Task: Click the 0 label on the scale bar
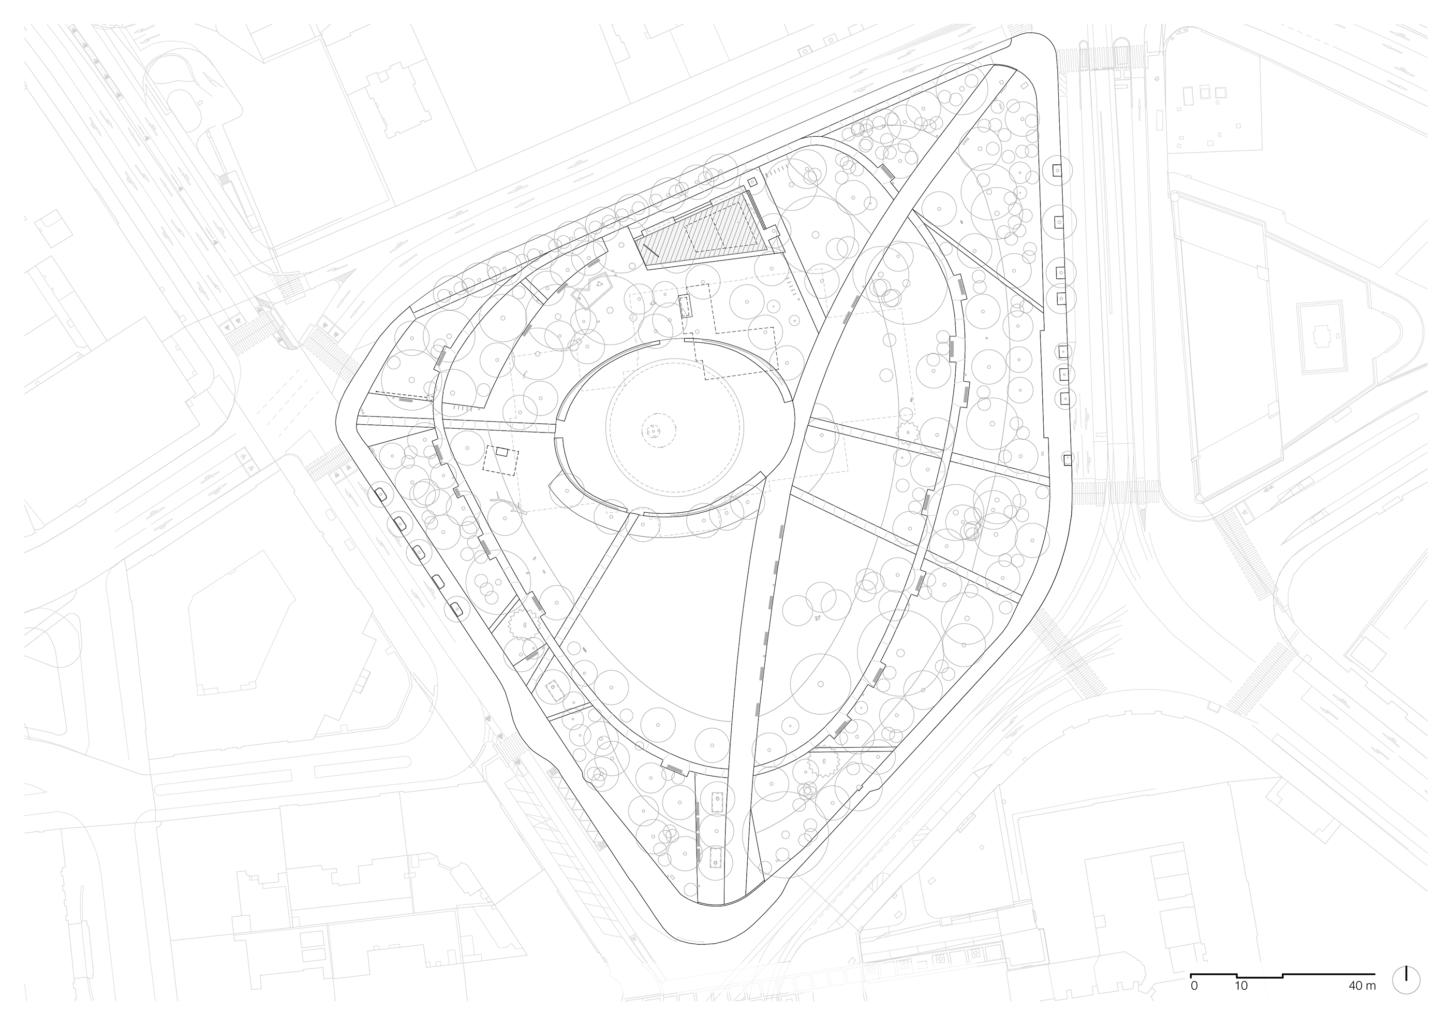pos(1194,985)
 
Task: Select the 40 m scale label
pos(1361,985)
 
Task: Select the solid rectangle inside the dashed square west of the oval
pos(501,451)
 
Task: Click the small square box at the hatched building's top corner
pos(752,182)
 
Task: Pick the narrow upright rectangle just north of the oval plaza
pos(685,307)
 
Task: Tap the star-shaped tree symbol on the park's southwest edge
pos(522,626)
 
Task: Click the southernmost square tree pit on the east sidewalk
pos(1068,459)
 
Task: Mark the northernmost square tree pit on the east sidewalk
pos(1057,170)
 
